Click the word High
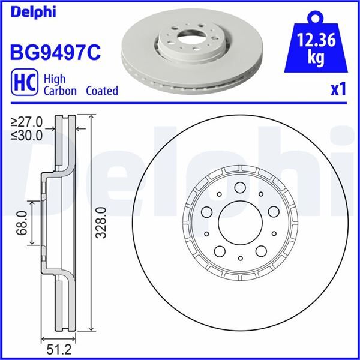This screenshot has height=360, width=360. pos(55,79)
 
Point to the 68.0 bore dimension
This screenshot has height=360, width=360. pos(21,223)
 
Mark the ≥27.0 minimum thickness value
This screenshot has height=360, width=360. pos(26,123)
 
